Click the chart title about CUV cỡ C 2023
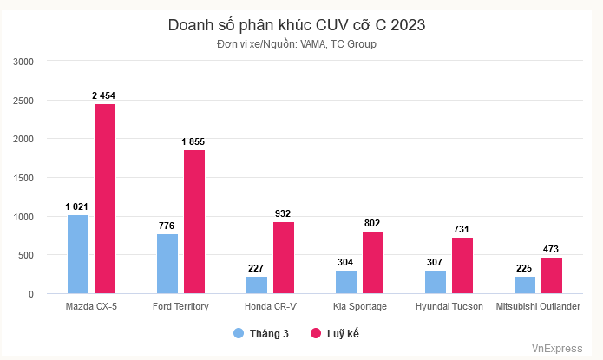coord(297,26)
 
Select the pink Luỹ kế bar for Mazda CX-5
coord(105,199)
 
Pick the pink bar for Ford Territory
coord(194,222)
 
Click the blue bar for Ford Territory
coord(167,264)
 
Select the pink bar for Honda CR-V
coord(284,258)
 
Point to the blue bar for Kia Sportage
coord(346,282)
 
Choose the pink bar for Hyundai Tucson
coord(462,265)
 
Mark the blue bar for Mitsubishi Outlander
coord(525,285)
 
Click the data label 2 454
coord(105,95)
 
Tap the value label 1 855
coord(193,141)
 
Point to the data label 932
coord(283,213)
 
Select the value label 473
coord(552,248)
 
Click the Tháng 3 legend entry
coord(261,333)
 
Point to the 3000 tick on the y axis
coord(23,62)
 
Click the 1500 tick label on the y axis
coord(23,178)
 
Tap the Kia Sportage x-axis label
coord(360,307)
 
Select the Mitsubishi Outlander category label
coord(538,307)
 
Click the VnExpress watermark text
coord(557,349)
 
